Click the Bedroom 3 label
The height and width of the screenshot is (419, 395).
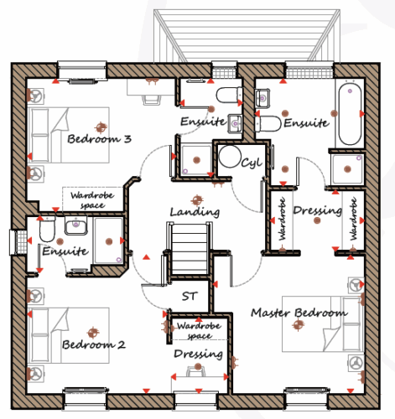99,139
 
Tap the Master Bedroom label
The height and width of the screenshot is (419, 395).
299,313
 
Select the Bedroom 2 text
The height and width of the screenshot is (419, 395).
94,344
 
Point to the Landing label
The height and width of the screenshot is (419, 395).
195,212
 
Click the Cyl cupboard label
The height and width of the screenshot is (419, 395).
252,163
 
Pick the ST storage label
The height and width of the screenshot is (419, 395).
190,296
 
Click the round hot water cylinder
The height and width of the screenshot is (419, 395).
230,156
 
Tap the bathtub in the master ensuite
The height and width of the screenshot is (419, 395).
350,115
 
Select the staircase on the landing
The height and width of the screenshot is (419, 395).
189,249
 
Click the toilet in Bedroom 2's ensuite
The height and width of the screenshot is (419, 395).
47,230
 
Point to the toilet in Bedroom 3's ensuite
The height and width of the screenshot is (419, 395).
229,95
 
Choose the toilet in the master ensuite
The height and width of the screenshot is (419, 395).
268,124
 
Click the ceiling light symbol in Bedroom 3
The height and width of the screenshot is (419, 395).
101,127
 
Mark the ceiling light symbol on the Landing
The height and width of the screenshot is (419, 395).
197,200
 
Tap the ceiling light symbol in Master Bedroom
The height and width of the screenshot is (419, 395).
298,324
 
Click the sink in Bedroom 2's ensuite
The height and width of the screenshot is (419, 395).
75,225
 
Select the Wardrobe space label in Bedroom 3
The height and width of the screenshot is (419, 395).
92,200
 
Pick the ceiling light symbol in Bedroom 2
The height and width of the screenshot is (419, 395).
93,333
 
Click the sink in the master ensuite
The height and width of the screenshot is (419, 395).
262,98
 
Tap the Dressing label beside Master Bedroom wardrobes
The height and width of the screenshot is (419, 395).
318,210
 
